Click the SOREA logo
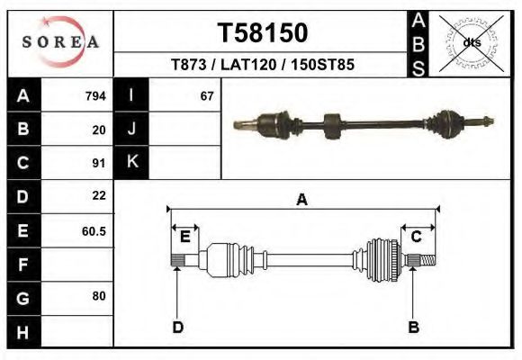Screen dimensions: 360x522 (60, 42)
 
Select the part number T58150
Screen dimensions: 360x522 (262, 33)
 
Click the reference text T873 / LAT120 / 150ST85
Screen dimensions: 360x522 (262, 65)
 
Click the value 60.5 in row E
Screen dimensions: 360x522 (94, 230)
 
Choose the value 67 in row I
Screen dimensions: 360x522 (207, 96)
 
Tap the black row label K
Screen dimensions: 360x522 (132, 163)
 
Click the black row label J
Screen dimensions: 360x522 (132, 130)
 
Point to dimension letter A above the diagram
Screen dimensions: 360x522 (301, 201)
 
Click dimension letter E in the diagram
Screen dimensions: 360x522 (184, 237)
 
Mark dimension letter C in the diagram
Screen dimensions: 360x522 (417, 237)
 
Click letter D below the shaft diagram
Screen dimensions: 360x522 (177, 328)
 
